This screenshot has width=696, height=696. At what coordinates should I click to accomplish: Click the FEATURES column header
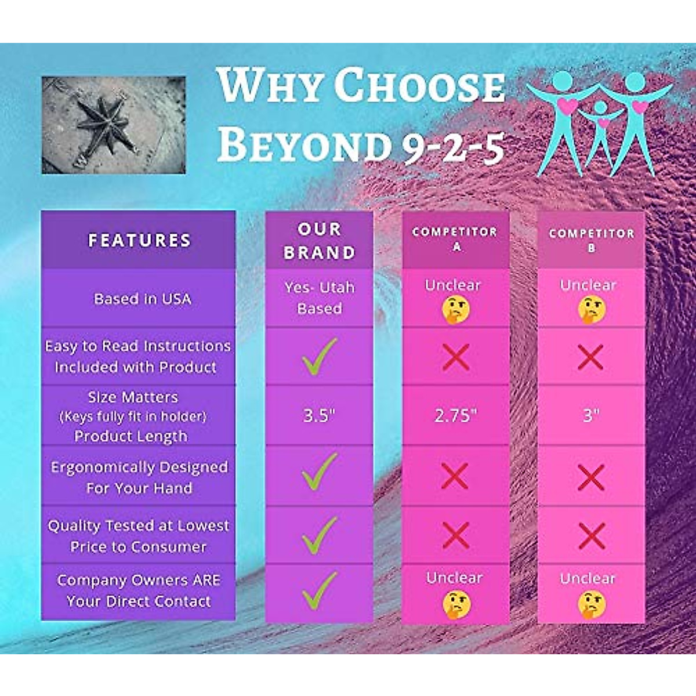coord(139,240)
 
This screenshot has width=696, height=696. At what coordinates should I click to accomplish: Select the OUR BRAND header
coord(319,241)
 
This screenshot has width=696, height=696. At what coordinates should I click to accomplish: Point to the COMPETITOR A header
coord(455,238)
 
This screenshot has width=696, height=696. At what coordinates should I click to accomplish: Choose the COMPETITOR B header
coord(591,240)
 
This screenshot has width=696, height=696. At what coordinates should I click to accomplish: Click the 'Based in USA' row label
coord(142,299)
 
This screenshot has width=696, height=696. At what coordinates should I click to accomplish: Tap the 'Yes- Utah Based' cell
coord(319,298)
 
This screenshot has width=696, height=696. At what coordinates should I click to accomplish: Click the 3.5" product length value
coord(319,415)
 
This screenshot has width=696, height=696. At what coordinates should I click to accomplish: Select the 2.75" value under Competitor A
coord(455,415)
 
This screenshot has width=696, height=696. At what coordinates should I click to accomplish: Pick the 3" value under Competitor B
coord(590,415)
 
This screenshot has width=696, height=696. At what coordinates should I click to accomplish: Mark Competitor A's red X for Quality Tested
coord(456,535)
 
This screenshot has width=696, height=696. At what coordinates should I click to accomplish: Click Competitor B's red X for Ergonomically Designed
coord(591,478)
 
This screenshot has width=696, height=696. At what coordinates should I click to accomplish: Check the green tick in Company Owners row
coord(319,590)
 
